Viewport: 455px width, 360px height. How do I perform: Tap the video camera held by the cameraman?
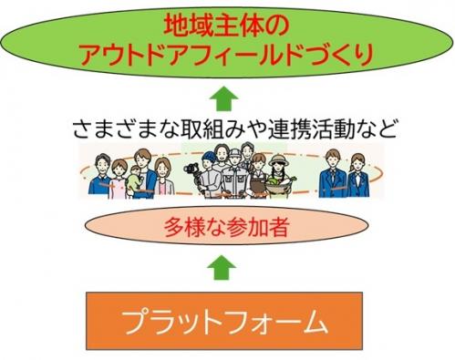[191, 170]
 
